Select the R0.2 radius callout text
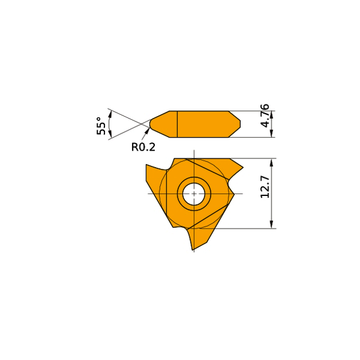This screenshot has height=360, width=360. click(144, 147)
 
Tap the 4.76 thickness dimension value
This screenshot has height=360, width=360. click(265, 115)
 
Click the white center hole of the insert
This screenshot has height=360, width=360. click(194, 194)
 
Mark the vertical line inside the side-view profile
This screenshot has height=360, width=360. click(177, 124)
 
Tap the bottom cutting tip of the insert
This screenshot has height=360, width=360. click(194, 247)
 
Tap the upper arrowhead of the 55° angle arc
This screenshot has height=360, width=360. click(110, 112)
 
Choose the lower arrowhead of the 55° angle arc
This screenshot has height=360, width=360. click(110, 136)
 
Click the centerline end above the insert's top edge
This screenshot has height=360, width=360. click(194, 151)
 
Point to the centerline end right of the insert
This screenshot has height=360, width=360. click(242, 194)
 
